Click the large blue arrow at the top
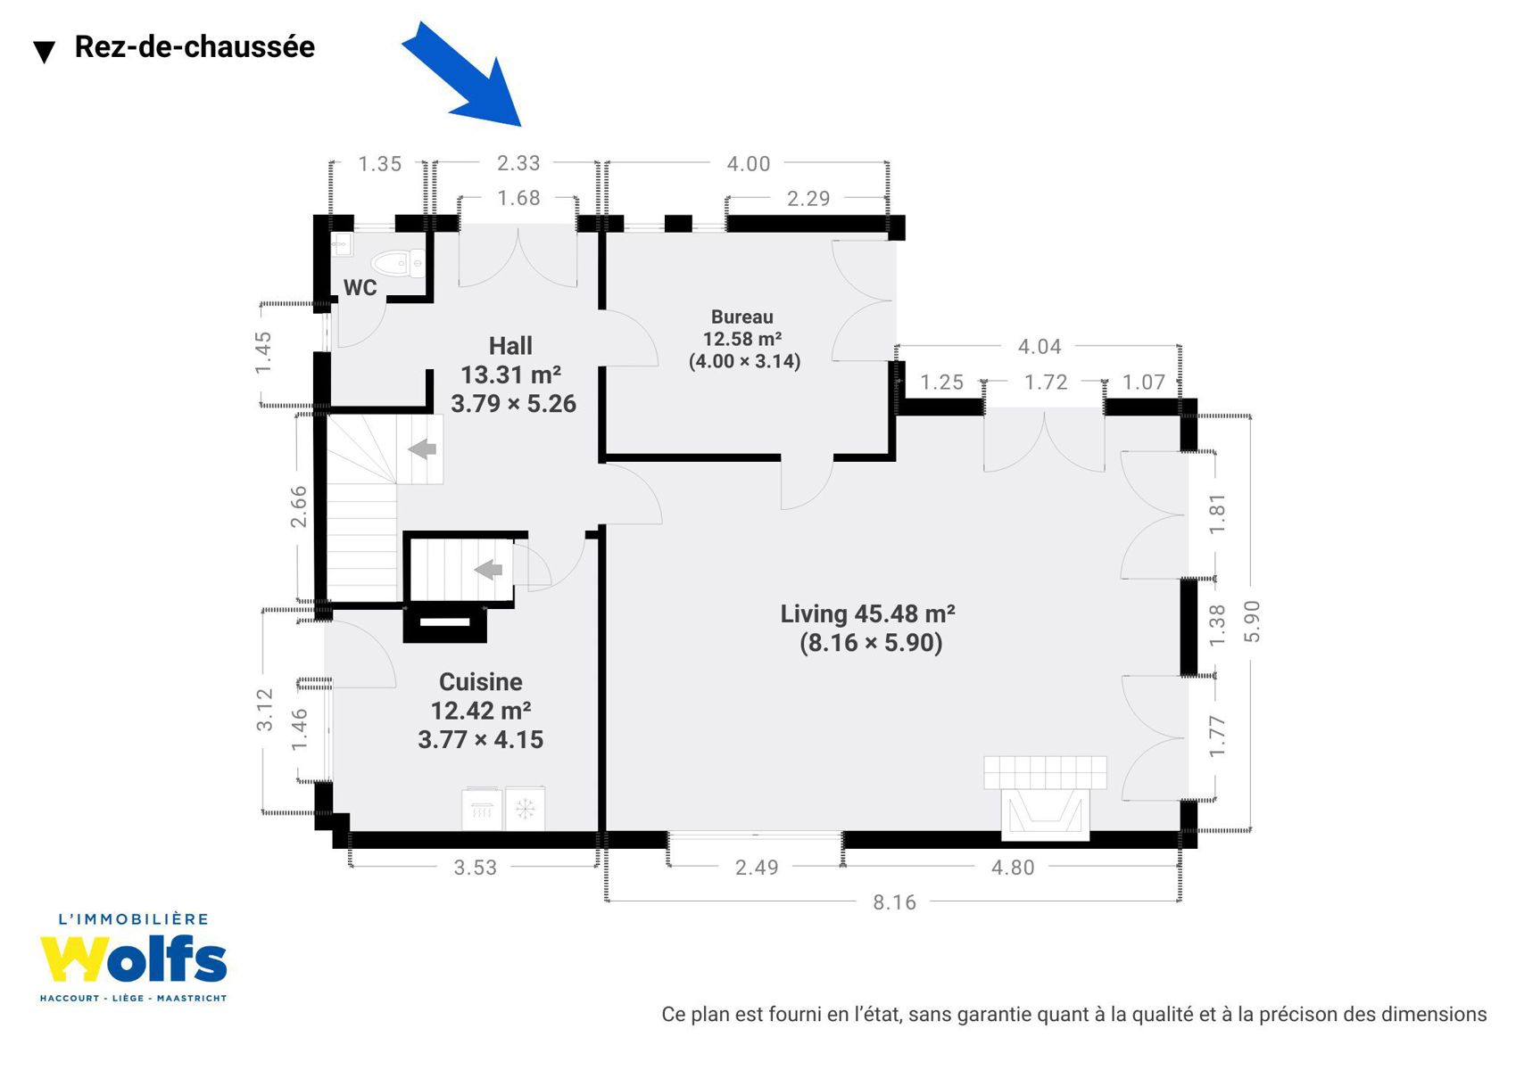[467, 78]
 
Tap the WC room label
[360, 287]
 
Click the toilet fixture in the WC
[398, 263]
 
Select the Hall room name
[510, 346]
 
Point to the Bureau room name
[741, 317]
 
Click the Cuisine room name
[481, 682]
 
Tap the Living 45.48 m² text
[867, 613]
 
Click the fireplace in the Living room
[1045, 798]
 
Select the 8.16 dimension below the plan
[894, 902]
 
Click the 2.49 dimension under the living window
[757, 867]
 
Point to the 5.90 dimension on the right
[1252, 621]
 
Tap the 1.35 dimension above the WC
[380, 164]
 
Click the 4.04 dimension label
[1040, 346]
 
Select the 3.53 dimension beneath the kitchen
[475, 867]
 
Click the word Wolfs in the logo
[133, 959]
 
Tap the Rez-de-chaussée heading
[195, 46]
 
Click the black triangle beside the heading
[44, 52]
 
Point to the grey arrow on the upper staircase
[422, 449]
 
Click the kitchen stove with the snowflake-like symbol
[526, 808]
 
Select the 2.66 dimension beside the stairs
[298, 506]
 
